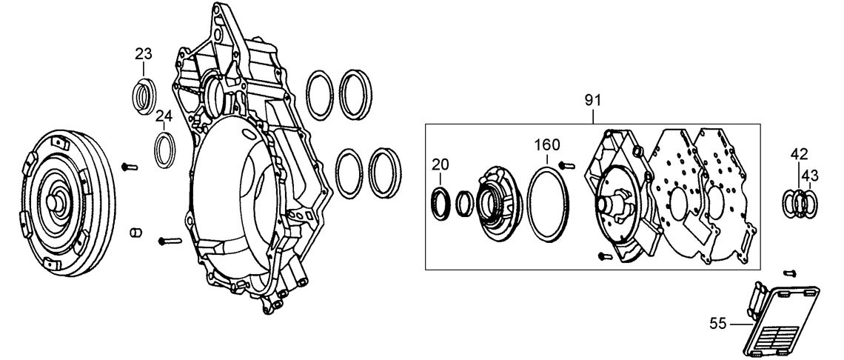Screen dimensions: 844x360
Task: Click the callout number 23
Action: [x=143, y=54]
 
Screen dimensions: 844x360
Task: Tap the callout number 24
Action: [x=164, y=116]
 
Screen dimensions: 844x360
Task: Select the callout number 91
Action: [x=592, y=100]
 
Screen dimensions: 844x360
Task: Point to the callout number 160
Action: [x=547, y=144]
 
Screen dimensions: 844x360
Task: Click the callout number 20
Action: [x=440, y=165]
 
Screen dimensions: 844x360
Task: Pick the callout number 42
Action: [x=799, y=154]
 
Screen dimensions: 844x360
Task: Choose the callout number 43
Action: [x=809, y=176]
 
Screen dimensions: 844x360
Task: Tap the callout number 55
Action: [x=718, y=324]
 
